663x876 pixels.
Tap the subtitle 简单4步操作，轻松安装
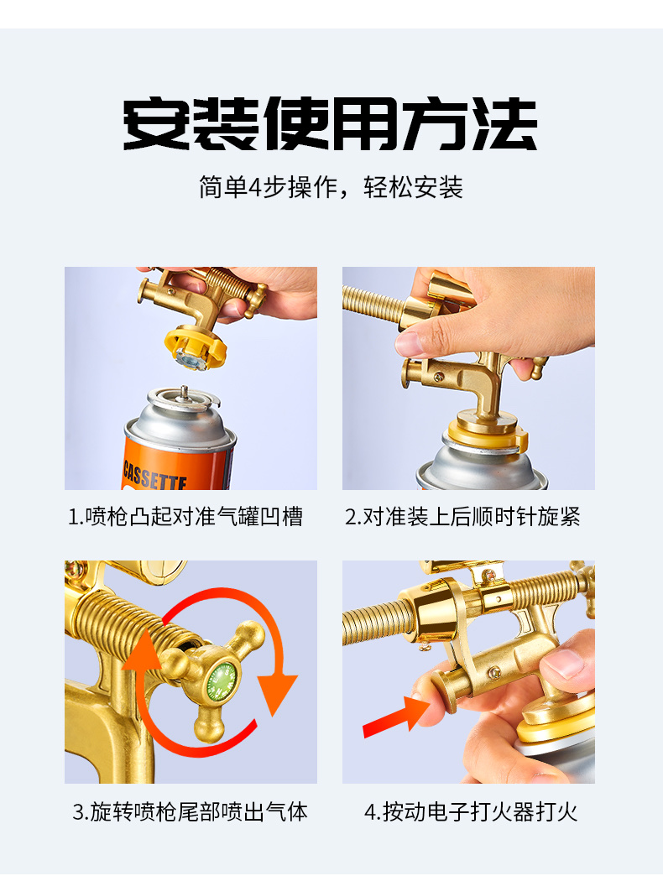tap(331, 187)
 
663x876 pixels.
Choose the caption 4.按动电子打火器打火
tap(471, 811)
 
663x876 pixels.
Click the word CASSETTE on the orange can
tap(154, 475)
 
